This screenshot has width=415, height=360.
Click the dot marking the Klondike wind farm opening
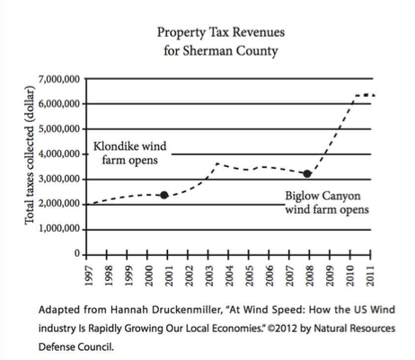(164, 195)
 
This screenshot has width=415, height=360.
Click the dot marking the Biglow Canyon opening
(307, 173)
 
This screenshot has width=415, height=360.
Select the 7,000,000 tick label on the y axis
(59, 79)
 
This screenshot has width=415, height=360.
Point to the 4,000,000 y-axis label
(59, 154)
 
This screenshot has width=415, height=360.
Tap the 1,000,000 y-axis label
(59, 229)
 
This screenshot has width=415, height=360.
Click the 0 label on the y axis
(77, 254)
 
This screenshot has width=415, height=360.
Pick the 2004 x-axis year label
(229, 276)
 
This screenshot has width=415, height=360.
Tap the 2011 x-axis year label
(371, 276)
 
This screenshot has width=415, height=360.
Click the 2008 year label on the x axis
(310, 276)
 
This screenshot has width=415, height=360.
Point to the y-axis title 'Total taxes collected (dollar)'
(30, 155)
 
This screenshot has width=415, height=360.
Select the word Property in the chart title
(181, 33)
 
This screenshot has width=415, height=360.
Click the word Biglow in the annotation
(302, 197)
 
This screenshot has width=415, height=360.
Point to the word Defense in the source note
(57, 347)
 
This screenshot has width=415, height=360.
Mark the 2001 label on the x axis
(169, 276)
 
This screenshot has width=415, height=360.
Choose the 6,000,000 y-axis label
(59, 104)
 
